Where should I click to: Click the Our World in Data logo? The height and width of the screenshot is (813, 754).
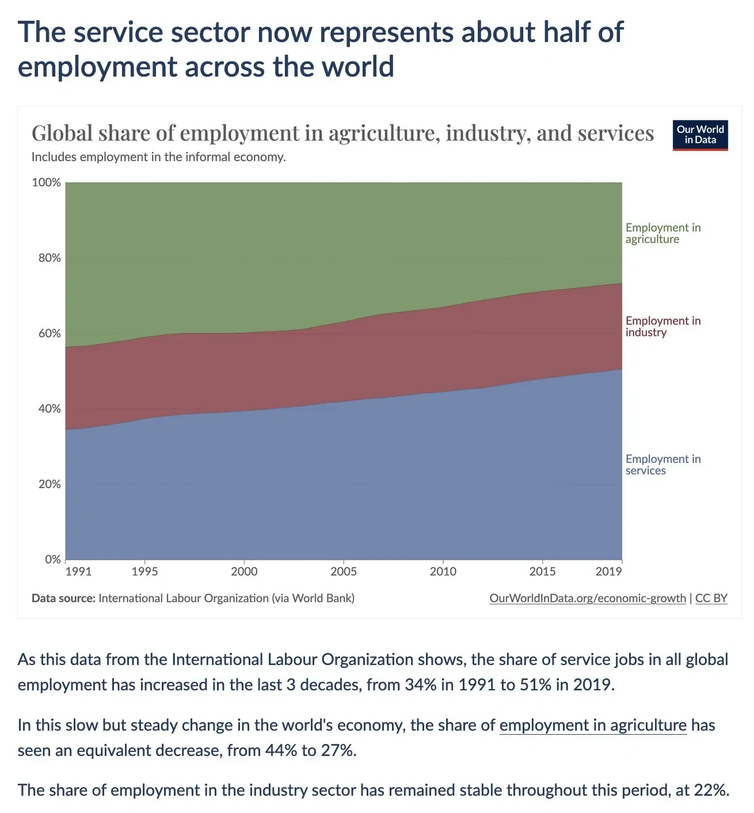point(700,135)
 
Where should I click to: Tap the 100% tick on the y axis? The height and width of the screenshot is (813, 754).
point(46,183)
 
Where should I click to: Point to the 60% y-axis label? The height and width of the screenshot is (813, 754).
point(49,333)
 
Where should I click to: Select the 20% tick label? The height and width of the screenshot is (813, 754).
point(49,484)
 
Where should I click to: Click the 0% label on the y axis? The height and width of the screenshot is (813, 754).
point(52,559)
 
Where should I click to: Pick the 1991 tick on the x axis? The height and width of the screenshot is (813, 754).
point(78,571)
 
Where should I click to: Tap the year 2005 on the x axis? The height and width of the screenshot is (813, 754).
point(344,571)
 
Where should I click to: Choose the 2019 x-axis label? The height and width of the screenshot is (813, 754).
point(608,571)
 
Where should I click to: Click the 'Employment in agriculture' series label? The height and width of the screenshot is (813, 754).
point(662,233)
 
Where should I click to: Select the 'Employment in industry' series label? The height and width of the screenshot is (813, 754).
point(662,326)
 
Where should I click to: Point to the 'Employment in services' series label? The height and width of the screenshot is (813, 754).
point(662,465)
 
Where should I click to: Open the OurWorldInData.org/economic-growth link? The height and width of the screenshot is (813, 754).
point(587,598)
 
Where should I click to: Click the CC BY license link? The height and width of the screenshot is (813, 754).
point(711,598)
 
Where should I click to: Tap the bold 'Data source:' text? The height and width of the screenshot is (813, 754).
point(63,598)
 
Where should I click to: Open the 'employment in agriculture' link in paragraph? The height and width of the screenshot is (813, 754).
point(593,725)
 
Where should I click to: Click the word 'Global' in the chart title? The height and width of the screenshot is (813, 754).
point(62,134)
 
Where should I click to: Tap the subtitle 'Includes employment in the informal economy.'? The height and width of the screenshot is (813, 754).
point(158,157)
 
